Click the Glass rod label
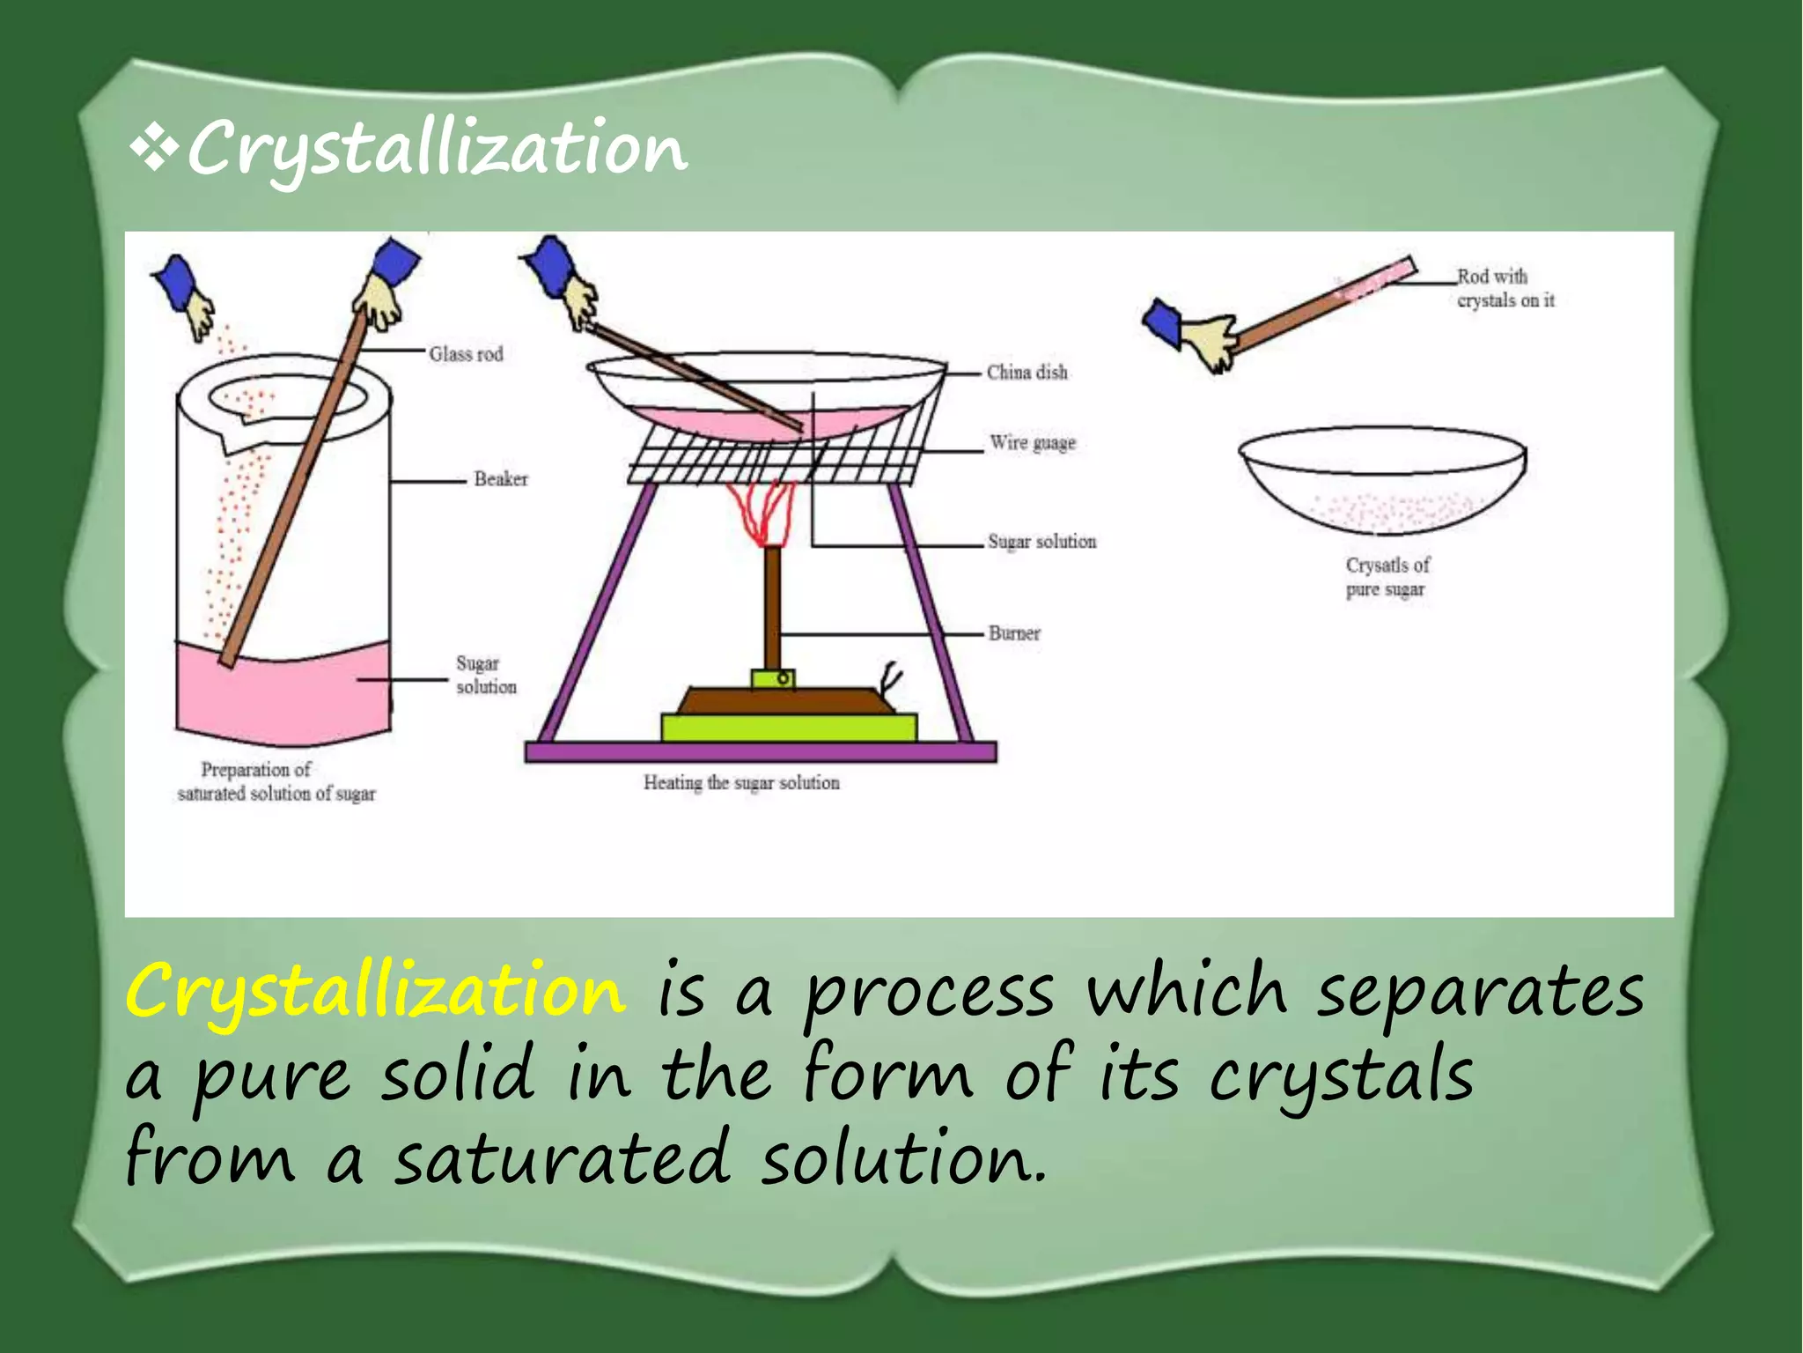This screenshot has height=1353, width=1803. [x=466, y=354]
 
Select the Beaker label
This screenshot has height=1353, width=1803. [x=500, y=479]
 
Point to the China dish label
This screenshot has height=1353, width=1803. [x=1027, y=373]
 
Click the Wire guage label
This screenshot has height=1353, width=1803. [x=1032, y=442]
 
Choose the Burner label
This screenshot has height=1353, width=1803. [x=1013, y=633]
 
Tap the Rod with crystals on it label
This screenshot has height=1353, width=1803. [x=1505, y=288]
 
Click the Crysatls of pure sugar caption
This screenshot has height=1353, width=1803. [x=1387, y=577]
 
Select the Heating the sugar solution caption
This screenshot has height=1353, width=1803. [x=741, y=782]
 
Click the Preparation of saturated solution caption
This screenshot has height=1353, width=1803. [x=276, y=781]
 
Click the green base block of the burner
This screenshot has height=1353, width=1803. [x=789, y=728]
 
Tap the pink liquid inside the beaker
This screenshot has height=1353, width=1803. [x=282, y=696]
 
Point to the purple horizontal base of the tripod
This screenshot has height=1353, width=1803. [x=761, y=751]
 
